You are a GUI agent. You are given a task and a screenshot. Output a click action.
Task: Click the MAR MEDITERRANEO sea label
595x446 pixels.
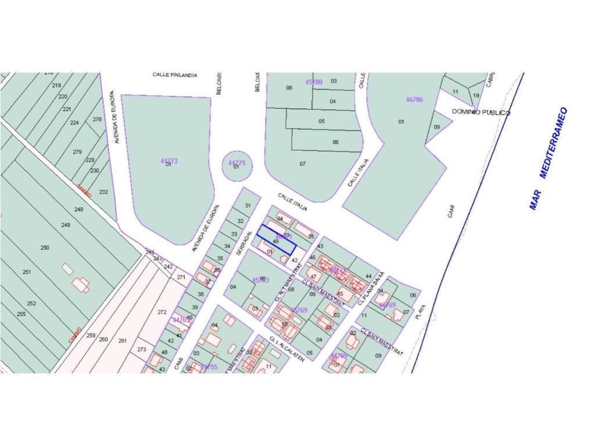(x=548, y=158)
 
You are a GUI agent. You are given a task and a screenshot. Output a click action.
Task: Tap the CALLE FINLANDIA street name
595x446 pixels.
(x=175, y=75)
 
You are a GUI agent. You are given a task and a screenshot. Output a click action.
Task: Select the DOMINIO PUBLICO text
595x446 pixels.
(x=481, y=113)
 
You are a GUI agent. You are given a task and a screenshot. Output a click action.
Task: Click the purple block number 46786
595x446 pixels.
(x=414, y=100)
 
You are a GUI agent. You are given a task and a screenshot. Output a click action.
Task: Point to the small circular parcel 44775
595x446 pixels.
(x=237, y=166)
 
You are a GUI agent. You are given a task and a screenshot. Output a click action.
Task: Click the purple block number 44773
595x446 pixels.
(x=169, y=161)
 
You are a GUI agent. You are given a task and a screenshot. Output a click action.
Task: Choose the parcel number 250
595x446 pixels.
(x=45, y=248)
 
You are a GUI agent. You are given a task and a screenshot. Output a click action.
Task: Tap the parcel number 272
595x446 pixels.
(x=162, y=312)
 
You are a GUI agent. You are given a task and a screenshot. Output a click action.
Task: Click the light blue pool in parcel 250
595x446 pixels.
(x=67, y=269)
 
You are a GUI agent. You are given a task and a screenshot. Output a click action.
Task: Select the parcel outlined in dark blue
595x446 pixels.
(x=277, y=239)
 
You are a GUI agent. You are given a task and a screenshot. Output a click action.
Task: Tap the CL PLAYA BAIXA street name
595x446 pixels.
(x=371, y=287)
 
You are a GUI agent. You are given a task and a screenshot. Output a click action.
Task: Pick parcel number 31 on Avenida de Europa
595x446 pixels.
(x=248, y=206)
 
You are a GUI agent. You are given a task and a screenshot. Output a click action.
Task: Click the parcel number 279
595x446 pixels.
(x=77, y=152)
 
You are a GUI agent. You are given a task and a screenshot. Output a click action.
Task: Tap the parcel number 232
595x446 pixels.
(x=103, y=192)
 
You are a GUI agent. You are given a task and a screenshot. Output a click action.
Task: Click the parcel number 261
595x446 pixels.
(x=123, y=341)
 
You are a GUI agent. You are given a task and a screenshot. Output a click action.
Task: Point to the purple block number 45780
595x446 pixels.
(x=313, y=82)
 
